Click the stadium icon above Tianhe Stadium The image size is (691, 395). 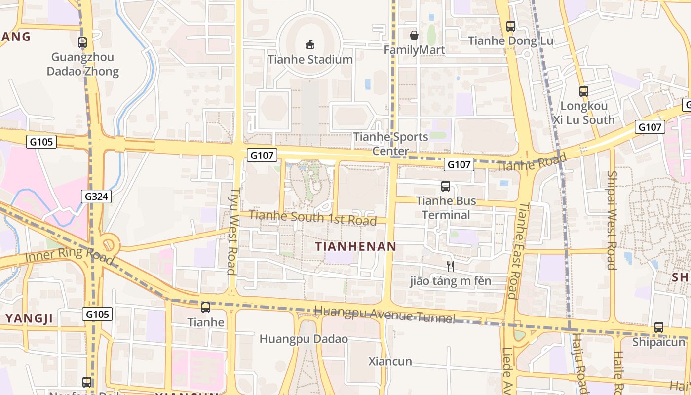(309, 45)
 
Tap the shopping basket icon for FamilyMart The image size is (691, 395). (414, 35)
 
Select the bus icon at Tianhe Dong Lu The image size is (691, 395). (511, 26)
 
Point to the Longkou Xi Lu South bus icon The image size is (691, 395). (584, 91)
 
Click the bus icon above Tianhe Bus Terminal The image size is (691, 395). (446, 186)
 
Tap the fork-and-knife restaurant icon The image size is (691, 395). (450, 266)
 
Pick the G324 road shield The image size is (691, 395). (97, 197)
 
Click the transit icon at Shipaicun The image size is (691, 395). (659, 327)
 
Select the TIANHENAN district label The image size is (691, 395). (356, 246)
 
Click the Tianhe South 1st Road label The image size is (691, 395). (313, 218)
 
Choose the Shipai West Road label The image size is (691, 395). (612, 220)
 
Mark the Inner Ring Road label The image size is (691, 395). (69, 256)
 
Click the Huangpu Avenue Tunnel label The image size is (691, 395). (384, 315)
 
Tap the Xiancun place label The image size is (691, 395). (390, 361)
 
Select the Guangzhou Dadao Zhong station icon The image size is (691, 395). (82, 42)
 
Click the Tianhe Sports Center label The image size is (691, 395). (390, 144)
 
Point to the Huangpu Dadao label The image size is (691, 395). (304, 339)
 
